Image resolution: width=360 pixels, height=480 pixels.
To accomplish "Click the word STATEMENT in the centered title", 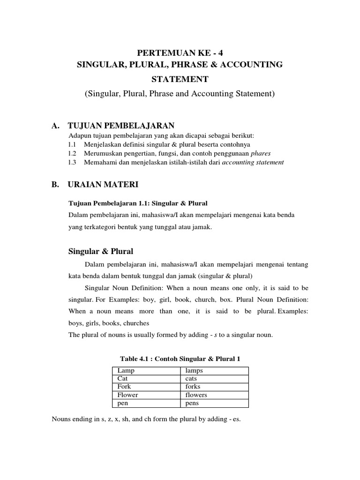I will click(x=180, y=79).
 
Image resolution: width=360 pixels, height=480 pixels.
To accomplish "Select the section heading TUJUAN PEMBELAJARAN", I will click(x=121, y=126).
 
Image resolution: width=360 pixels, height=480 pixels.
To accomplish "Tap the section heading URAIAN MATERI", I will click(x=103, y=185).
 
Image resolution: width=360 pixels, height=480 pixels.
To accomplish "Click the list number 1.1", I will click(x=72, y=144).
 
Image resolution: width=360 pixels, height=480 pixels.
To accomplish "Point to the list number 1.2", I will click(x=72, y=153).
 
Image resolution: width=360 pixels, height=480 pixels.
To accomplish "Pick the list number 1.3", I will click(x=72, y=162).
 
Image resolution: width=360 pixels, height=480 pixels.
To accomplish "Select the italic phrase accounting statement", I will click(x=253, y=162).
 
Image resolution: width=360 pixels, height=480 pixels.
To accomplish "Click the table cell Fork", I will click(x=124, y=387).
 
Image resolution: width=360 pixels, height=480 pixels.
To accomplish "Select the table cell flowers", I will click(x=196, y=395).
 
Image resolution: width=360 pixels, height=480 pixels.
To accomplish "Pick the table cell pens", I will click(x=192, y=403).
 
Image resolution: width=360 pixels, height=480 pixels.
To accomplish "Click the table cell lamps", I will click(x=194, y=371).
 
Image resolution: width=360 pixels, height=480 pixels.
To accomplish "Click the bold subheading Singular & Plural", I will click(x=101, y=252).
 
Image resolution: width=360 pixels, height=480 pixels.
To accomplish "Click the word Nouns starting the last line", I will click(x=61, y=419).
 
